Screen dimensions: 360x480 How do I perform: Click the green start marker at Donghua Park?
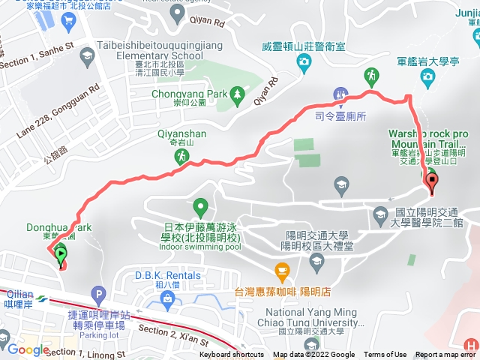pyautogui.click(x=60, y=253)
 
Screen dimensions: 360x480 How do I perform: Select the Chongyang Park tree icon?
pyautogui.click(x=238, y=94)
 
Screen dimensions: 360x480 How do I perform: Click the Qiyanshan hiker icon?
pyautogui.click(x=181, y=156)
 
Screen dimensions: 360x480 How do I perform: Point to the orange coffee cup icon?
pyautogui.click(x=281, y=269)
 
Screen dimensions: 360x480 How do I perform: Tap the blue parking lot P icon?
pyautogui.click(x=97, y=295)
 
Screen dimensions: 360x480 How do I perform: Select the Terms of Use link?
pyautogui.click(x=385, y=355)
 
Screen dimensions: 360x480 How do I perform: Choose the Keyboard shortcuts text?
pyautogui.click(x=232, y=355)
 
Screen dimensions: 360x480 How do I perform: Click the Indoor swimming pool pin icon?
pyautogui.click(x=200, y=205)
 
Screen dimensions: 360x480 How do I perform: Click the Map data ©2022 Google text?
pyautogui.click(x=313, y=355)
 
